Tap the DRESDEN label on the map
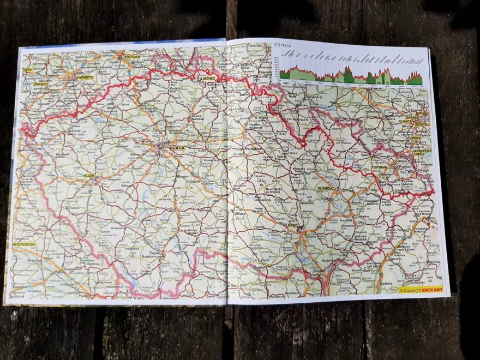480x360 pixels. point(132,56)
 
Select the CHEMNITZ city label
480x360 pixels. point(86,77)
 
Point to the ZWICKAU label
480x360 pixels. point(40,85)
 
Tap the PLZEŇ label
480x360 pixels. point(89,176)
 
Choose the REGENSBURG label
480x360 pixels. point(24,244)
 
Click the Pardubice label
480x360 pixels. point(254,148)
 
